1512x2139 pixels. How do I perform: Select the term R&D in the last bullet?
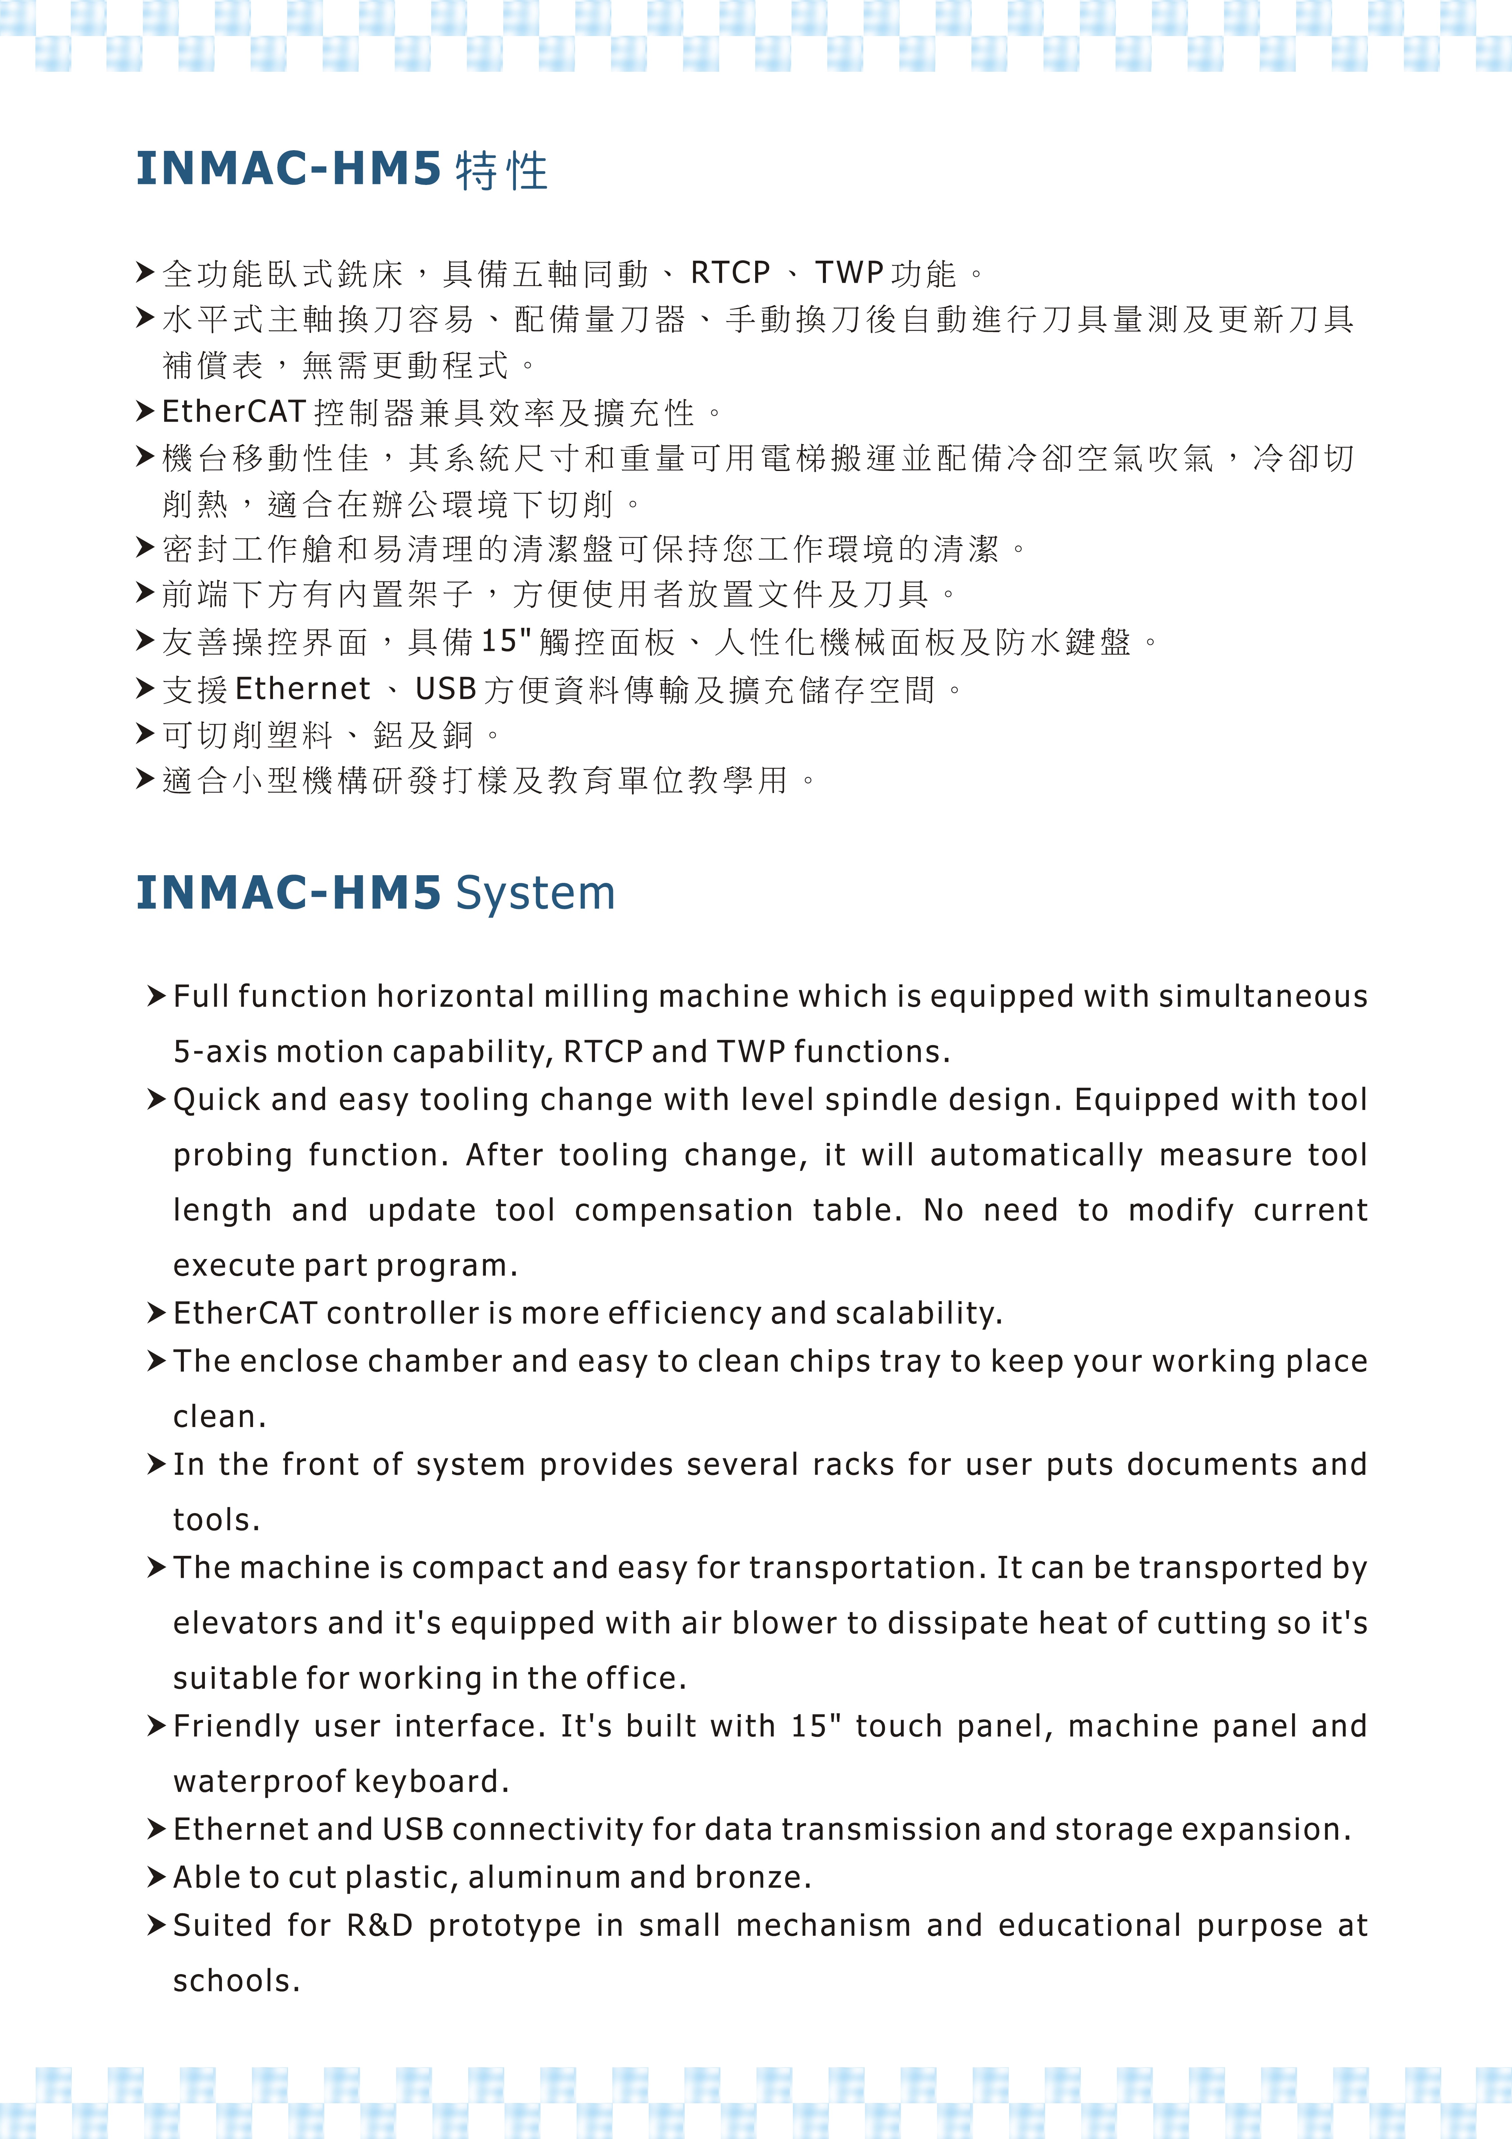(x=379, y=1925)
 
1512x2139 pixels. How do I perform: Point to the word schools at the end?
(x=236, y=1981)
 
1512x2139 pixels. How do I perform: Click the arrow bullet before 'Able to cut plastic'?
(x=157, y=1876)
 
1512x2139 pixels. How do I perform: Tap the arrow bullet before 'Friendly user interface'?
(x=157, y=1725)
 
